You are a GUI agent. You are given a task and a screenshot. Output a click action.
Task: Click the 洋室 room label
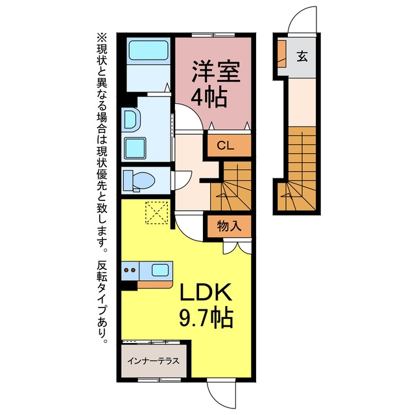[x=216, y=71]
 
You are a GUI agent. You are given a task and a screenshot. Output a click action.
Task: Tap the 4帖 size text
[x=209, y=97]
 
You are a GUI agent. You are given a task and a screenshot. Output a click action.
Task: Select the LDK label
[x=206, y=292]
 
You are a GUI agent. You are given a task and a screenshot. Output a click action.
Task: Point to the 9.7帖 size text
[x=206, y=317]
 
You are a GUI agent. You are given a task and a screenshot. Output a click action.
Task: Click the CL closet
[x=229, y=145]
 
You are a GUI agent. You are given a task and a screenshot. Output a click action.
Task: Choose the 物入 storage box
[x=229, y=226]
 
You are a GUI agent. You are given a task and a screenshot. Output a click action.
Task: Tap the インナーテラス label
[x=154, y=361]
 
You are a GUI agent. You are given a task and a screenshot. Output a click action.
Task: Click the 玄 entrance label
[x=302, y=56]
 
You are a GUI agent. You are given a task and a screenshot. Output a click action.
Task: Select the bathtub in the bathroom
[x=148, y=51]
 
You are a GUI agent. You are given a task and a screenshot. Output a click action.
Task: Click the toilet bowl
[x=143, y=180]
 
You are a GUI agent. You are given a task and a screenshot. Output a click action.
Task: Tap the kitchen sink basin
[x=160, y=270]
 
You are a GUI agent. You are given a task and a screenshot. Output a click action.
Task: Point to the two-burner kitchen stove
[x=130, y=271]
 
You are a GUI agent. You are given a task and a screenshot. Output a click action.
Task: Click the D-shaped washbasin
[x=131, y=119]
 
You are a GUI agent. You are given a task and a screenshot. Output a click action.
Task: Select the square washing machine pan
[x=135, y=148]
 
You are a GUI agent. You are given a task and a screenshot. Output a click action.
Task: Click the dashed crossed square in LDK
[x=157, y=213]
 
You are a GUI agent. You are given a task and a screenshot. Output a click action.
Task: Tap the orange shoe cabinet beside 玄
[x=281, y=53]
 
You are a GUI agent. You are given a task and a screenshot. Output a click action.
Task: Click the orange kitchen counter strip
[x=155, y=285]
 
